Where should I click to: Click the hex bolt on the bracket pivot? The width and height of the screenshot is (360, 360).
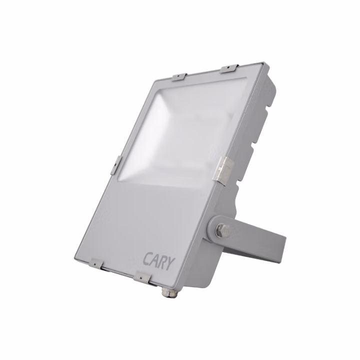[222, 230]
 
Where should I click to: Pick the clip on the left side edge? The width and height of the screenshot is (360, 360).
[117, 165]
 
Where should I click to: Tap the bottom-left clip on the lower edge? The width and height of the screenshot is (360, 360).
[95, 261]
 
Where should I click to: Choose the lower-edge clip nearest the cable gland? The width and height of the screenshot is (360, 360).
[142, 275]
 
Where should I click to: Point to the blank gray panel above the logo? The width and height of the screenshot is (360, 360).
[150, 215]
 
